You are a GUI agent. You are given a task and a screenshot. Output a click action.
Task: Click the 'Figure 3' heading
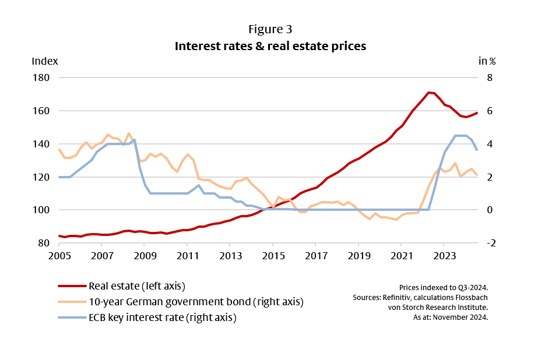point(270,29)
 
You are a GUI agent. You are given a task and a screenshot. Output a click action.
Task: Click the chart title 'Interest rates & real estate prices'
point(270,46)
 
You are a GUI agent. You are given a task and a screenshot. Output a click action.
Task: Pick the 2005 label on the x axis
point(59,256)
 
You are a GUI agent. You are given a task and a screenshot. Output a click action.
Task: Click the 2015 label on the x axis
point(273,256)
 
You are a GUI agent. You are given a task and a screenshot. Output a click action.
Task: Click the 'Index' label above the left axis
point(44,61)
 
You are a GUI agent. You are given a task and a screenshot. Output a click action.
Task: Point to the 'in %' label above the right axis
point(487,61)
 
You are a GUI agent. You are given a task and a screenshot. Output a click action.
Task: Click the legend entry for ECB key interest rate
point(162,317)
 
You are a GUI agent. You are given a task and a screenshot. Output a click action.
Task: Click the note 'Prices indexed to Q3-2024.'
point(444,288)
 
